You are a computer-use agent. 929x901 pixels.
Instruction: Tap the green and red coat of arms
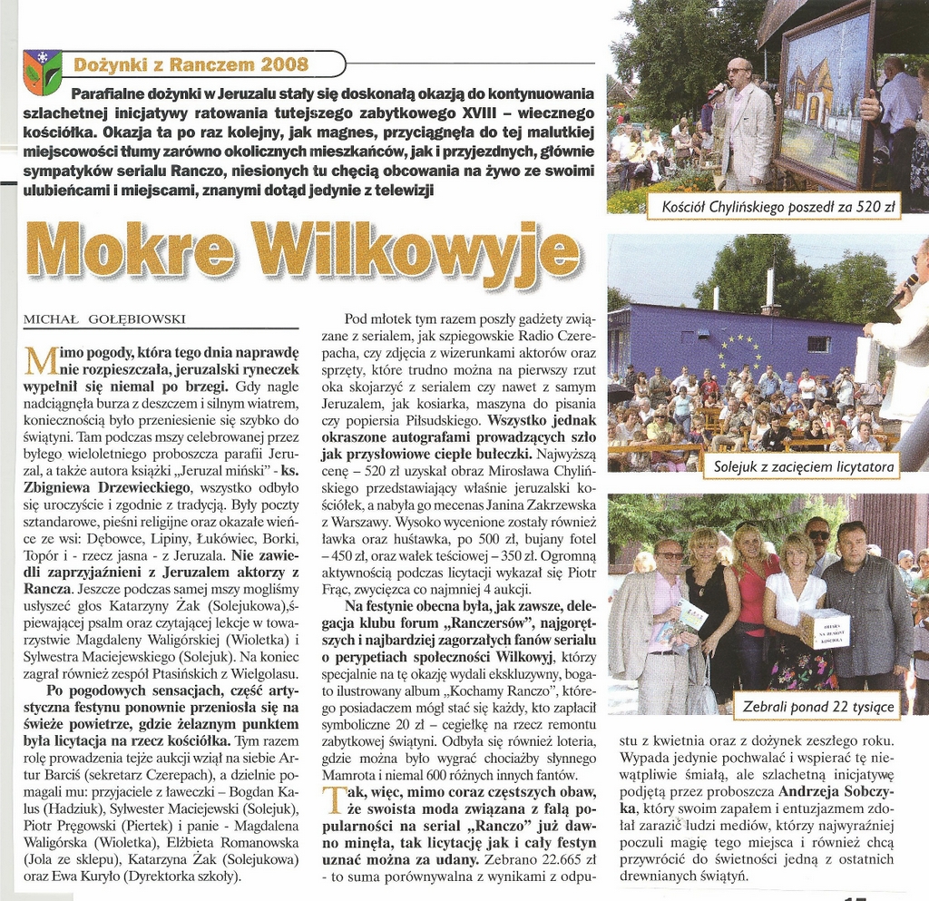click(x=42, y=72)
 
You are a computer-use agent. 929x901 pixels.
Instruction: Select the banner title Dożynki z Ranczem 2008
click(x=191, y=64)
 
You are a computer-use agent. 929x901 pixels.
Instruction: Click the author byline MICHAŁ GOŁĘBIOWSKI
click(x=103, y=318)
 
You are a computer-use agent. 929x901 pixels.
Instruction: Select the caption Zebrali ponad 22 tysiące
click(x=818, y=706)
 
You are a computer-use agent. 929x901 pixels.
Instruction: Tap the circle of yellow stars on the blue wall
click(x=740, y=351)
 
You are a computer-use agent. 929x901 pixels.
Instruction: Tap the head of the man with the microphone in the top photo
click(x=738, y=72)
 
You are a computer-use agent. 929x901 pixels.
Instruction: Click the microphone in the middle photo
click(x=901, y=291)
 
